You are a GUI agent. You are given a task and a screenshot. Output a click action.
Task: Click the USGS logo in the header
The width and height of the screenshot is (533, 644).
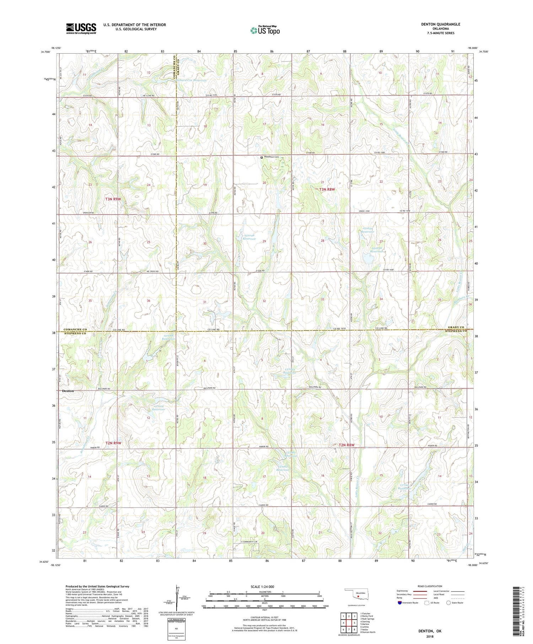(81, 28)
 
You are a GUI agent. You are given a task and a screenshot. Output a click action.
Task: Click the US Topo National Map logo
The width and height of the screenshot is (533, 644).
(265, 30)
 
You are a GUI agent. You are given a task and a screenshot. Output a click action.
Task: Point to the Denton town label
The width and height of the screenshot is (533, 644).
(68, 391)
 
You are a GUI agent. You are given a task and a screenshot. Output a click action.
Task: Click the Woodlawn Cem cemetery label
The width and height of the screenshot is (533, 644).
(271, 157)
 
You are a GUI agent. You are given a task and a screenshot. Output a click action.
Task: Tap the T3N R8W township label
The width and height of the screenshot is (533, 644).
(327, 189)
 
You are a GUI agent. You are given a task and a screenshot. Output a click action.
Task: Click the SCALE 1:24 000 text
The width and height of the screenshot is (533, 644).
(264, 586)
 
